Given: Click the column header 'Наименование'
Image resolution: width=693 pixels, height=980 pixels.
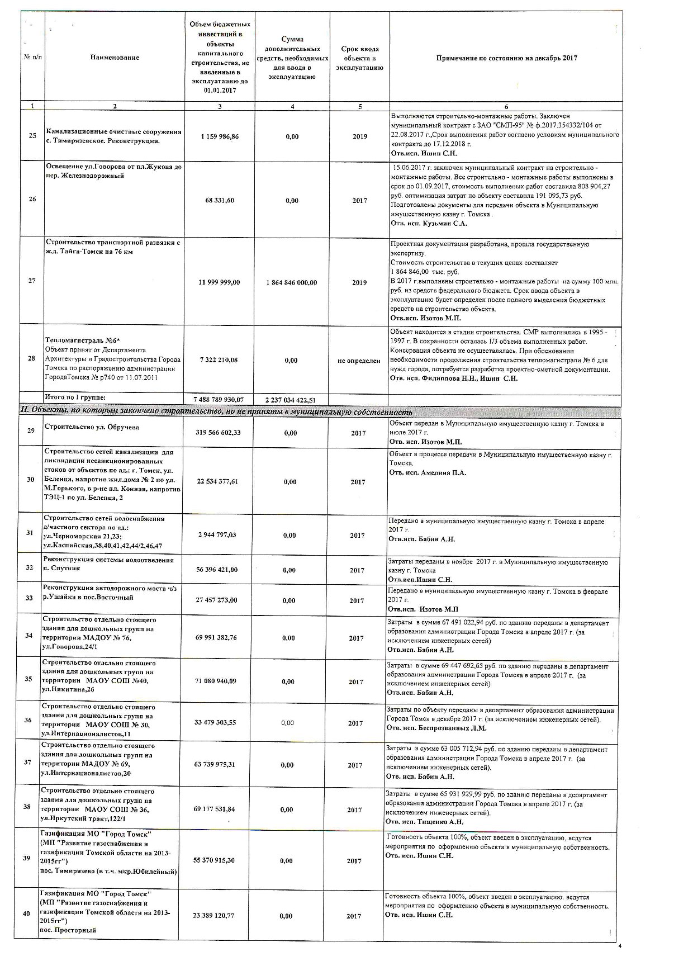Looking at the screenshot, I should tap(115, 58).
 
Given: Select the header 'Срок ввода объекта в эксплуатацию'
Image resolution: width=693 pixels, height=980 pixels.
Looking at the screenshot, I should tap(359, 58).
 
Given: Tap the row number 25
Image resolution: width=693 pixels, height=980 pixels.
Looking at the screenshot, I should tap(32, 136).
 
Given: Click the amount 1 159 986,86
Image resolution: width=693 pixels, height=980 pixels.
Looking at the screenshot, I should tap(220, 136).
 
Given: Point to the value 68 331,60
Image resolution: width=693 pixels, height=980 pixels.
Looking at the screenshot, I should tap(220, 200).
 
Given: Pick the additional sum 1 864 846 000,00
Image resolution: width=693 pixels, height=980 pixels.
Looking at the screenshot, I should tap(292, 282).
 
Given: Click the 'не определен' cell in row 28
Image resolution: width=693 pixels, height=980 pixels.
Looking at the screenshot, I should tap(359, 361).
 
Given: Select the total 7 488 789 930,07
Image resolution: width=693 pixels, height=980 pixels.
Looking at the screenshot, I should tap(219, 400).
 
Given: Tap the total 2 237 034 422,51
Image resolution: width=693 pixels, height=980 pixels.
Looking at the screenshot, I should tap(292, 400).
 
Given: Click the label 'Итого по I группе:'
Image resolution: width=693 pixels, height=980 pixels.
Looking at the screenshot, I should tap(75, 397).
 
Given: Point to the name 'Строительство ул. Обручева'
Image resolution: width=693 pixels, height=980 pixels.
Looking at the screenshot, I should tap(92, 427).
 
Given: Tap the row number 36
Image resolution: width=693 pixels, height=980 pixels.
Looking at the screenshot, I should tap(28, 720).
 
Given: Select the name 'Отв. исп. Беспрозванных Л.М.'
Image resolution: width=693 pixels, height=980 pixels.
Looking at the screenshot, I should tap(436, 728).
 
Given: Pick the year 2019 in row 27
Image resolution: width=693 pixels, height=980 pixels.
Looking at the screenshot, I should tap(359, 282).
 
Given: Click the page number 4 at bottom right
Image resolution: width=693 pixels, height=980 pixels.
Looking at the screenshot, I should tap(620, 946).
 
